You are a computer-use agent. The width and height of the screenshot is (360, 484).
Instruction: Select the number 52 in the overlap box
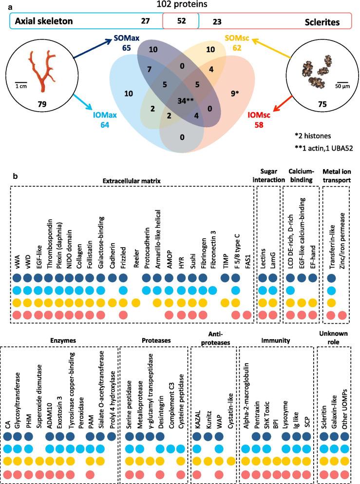pos(181,21)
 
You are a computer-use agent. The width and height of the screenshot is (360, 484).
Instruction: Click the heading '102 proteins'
pos(180,5)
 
